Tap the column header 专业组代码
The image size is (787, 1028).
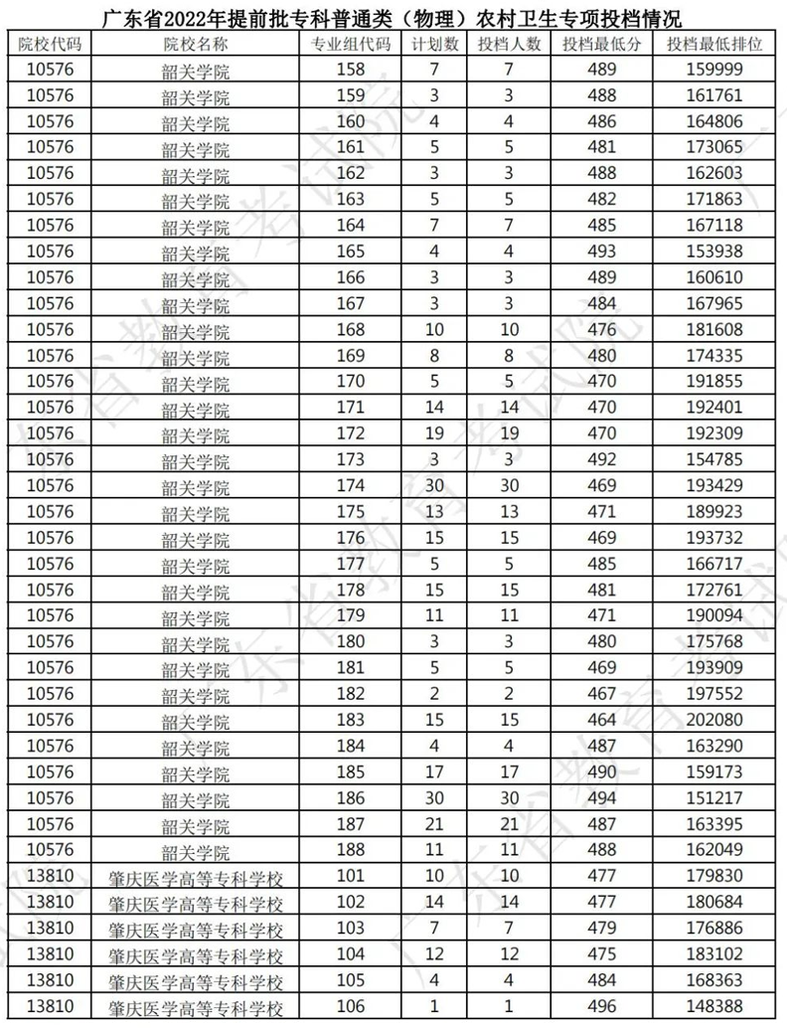(x=351, y=45)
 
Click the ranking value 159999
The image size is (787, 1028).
(x=715, y=70)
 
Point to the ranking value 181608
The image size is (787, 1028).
(x=715, y=329)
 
